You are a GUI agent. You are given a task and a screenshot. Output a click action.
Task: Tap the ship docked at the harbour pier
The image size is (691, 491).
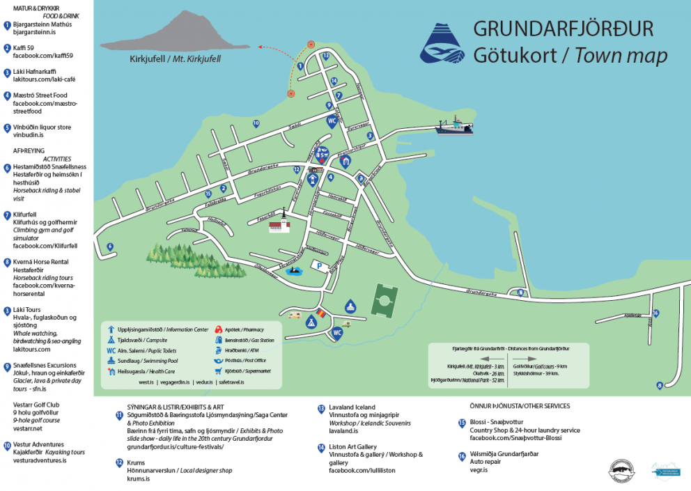click(x=453, y=126)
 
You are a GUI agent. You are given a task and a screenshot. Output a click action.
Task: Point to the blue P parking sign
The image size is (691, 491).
click(x=320, y=265)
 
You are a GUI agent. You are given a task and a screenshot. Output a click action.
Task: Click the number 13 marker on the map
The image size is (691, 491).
click(x=325, y=55)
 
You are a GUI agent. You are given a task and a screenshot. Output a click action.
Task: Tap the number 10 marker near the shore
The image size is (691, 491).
click(x=256, y=123)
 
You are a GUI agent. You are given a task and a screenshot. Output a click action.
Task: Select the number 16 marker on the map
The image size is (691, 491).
click(x=655, y=313)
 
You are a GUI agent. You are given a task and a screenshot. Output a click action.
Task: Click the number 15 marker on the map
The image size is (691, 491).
click(x=208, y=193)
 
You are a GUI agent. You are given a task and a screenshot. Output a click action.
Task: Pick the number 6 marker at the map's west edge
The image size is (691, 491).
click(x=110, y=246)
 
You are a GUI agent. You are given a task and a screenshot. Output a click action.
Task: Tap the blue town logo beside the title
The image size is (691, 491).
click(x=442, y=44)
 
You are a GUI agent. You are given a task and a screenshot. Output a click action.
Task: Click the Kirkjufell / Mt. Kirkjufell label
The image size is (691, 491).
click(x=175, y=59)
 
